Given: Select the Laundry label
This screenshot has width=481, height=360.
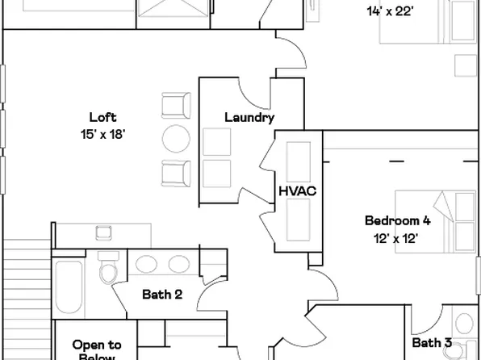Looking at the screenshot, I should [x=249, y=118].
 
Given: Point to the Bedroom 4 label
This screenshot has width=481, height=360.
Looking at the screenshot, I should [x=397, y=220].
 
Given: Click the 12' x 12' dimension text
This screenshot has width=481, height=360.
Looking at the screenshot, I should [x=397, y=239].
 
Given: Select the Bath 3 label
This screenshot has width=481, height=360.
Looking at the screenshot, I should [x=432, y=343].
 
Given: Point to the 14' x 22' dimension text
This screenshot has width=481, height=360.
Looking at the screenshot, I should [x=391, y=11].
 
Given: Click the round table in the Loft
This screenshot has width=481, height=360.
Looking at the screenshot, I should [x=177, y=139].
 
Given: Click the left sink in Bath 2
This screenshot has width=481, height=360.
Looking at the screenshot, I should [x=146, y=265].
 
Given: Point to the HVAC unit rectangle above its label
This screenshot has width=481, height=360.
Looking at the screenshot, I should [x=296, y=160].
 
